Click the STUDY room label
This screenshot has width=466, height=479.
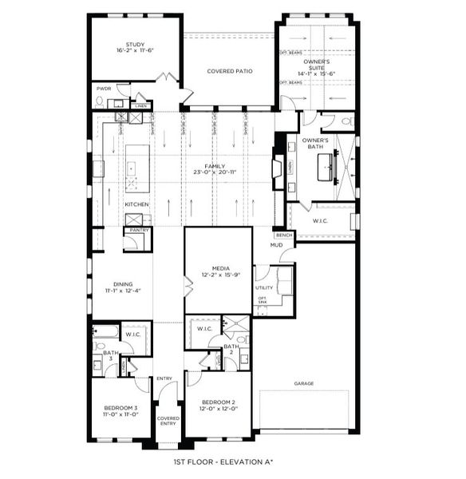[134, 45]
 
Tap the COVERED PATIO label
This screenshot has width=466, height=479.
[230, 71]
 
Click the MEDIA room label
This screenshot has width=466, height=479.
[221, 269]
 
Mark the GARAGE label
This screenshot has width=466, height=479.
[303, 383]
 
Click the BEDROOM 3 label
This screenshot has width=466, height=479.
[120, 408]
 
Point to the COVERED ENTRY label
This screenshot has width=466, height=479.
[168, 421]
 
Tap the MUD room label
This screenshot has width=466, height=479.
[276, 245]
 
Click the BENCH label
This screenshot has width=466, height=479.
[282, 236]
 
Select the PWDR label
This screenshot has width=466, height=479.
[104, 89]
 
